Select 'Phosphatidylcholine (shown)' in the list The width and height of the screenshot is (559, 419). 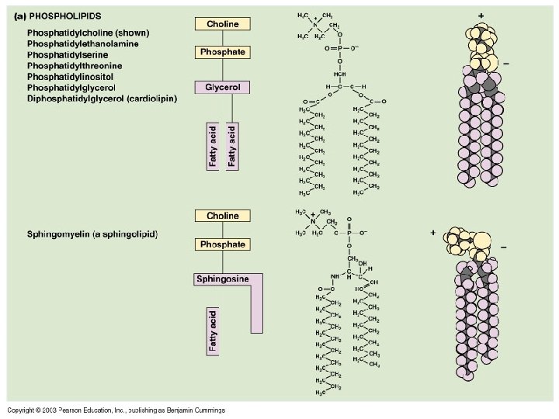(x=88, y=33)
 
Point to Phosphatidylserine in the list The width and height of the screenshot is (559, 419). (x=71, y=55)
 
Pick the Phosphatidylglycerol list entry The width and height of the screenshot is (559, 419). (x=76, y=88)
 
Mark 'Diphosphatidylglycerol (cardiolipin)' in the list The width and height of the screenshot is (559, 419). (x=102, y=99)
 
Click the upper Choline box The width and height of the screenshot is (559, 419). (x=222, y=24)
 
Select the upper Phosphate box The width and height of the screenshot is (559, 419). (x=222, y=52)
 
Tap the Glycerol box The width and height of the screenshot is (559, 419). (x=222, y=88)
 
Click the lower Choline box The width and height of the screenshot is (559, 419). (x=222, y=216)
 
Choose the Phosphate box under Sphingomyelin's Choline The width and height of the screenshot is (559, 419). (x=222, y=244)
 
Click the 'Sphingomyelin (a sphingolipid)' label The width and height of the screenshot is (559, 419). (x=92, y=234)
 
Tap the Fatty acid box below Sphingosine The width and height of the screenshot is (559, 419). (x=213, y=331)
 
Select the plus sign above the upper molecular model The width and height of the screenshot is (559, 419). (x=481, y=15)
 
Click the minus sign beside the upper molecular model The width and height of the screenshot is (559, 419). (x=505, y=64)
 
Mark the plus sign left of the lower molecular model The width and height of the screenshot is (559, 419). (x=432, y=232)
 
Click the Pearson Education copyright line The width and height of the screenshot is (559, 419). (x=116, y=410)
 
